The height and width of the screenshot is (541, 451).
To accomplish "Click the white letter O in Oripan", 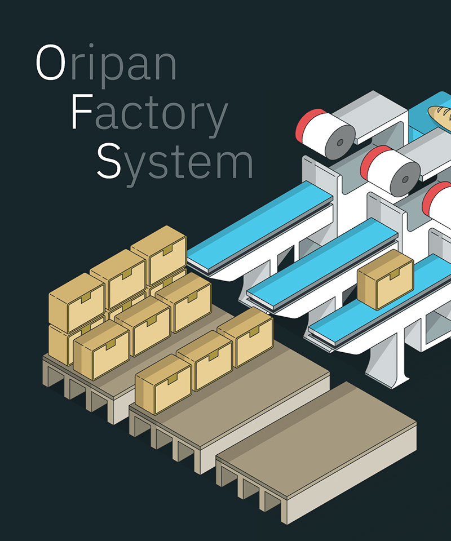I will point(50,63).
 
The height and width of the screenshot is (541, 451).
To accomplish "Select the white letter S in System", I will point(109,159).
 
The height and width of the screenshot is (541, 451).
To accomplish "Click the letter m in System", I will point(234,163).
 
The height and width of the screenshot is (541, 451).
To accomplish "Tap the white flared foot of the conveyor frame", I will point(388,375).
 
